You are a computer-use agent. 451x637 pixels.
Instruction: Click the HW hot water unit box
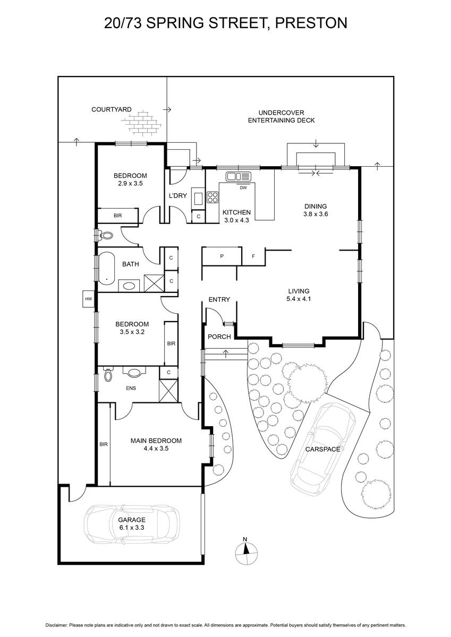point(89,299)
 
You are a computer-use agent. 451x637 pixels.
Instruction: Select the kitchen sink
point(239,177)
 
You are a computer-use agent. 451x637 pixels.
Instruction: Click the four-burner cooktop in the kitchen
point(213,197)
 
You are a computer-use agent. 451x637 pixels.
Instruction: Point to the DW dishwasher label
point(243,188)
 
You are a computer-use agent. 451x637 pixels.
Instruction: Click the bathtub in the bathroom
point(106,268)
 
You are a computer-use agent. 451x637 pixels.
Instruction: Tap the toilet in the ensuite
point(108,374)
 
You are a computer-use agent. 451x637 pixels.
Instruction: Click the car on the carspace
point(323,449)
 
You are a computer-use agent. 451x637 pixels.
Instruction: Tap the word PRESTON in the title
point(311,23)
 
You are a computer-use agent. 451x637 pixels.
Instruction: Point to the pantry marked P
point(222,256)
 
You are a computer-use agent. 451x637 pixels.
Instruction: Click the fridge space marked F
point(253,256)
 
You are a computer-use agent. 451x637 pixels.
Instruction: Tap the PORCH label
point(219,337)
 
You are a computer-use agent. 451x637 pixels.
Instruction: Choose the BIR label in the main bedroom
point(104,444)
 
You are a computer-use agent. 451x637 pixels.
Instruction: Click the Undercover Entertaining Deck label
point(281,117)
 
